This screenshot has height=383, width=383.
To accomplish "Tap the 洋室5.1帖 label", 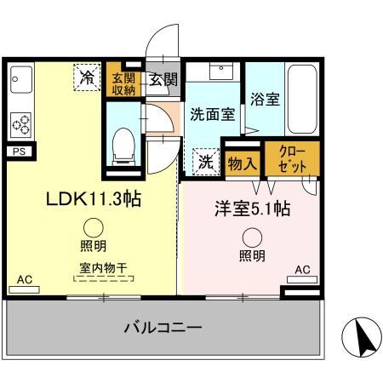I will (251, 207).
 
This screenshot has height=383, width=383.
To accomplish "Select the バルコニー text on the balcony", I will (162, 328).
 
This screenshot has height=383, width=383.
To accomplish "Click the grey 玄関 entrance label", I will (163, 81).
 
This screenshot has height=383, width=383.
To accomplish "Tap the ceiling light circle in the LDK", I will (94, 227).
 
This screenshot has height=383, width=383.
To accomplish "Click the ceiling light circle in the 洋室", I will (251, 238).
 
